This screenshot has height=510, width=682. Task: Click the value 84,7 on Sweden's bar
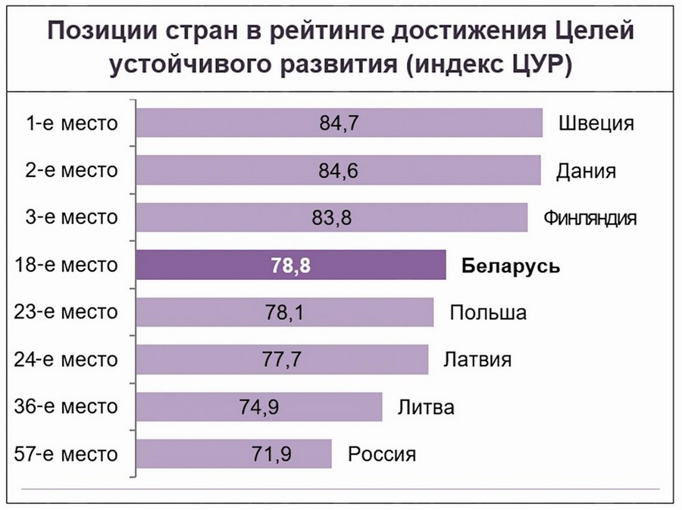[338, 123]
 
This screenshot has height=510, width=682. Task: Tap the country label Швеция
[595, 123]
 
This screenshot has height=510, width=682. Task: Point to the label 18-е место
[67, 266]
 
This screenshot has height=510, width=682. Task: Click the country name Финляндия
[590, 219]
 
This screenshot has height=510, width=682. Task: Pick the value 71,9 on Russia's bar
[271, 455]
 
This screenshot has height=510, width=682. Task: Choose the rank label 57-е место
[67, 455]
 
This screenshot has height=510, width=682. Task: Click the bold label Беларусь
[510, 266]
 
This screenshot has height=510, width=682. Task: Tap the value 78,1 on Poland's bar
[286, 313]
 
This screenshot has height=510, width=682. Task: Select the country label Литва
[426, 408]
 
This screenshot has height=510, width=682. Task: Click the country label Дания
[586, 171]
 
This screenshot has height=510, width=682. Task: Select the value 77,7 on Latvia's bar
[282, 360]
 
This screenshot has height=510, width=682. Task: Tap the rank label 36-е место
[67, 408]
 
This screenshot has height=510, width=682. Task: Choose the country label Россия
[382, 455]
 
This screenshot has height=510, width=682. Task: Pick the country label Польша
[487, 313]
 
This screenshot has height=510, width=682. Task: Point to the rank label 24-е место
[67, 360]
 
